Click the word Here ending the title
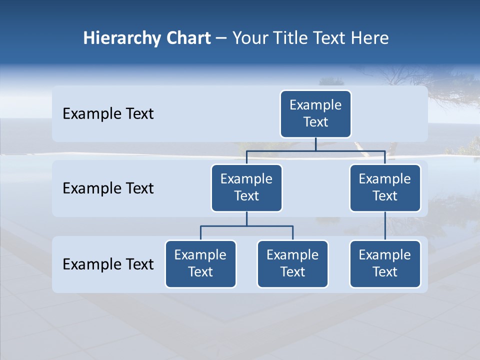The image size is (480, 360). click(370, 38)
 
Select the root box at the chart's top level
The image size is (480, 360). click(315, 113)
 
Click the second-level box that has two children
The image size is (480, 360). click(246, 187)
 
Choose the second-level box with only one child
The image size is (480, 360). click(385, 187)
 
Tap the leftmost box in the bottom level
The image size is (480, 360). click(200, 263)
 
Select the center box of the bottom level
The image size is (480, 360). click(292, 263)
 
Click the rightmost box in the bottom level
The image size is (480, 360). click(385, 263)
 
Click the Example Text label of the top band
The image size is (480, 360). click(108, 114)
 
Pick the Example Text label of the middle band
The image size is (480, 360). click(108, 188)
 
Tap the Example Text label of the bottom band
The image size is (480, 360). click(108, 264)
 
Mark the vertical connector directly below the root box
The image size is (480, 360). click(315, 144)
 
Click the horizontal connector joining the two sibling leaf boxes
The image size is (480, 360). click(246, 226)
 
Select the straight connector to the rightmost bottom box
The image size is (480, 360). click(385, 226)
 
